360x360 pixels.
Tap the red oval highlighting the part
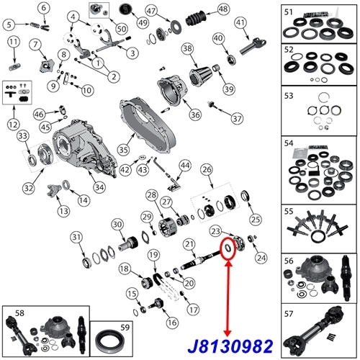(228, 248)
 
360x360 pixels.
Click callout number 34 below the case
(99, 189)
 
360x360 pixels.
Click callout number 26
(208, 170)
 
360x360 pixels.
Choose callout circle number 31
(76, 238)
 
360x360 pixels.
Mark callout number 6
(45, 9)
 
